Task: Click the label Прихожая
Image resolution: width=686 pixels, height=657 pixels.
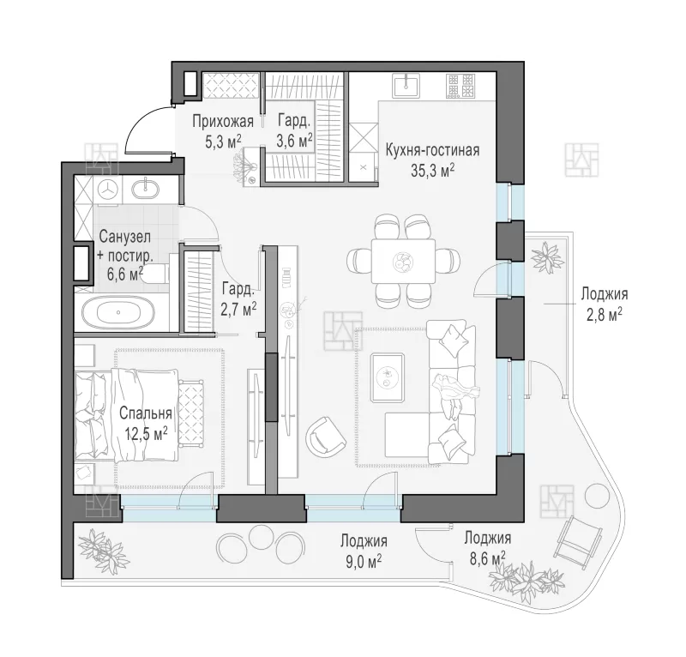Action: pos(223,121)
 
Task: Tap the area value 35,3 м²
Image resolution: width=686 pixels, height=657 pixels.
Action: pos(432,171)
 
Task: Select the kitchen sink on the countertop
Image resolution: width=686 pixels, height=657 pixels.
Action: pos(406,85)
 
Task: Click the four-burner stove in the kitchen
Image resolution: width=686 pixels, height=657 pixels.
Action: pos(460,86)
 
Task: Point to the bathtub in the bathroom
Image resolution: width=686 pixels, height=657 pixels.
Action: pos(118,312)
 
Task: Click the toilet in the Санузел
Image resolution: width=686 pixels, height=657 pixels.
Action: pos(155,274)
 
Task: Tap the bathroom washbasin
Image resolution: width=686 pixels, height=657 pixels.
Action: pos(146,189)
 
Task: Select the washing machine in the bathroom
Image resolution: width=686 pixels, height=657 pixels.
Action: pos(108,190)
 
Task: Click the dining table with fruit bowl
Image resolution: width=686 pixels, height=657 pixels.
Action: pos(403,262)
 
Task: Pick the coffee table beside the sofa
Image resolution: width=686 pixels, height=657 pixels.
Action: pos(388,377)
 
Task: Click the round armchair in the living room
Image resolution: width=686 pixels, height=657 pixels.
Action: pos(327,436)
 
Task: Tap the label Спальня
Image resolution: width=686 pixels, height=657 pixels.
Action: pos(145,413)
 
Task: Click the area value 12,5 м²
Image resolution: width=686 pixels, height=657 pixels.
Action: pos(146,434)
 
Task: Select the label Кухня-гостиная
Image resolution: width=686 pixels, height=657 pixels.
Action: pos(432,150)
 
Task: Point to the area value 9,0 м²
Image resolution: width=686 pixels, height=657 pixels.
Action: pos(364,561)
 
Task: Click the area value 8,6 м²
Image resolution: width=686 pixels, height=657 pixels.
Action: pos(487,558)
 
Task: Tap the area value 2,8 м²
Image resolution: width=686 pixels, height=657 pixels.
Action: pos(605,314)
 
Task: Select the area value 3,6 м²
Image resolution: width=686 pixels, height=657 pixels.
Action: pos(294,141)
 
